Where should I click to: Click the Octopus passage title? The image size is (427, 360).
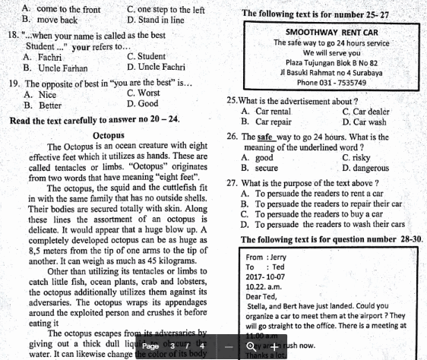pyautogui.click(x=109, y=134)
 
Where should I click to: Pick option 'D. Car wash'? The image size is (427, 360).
pyautogui.click(x=364, y=121)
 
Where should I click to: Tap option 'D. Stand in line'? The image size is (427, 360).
pyautogui.click(x=155, y=20)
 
